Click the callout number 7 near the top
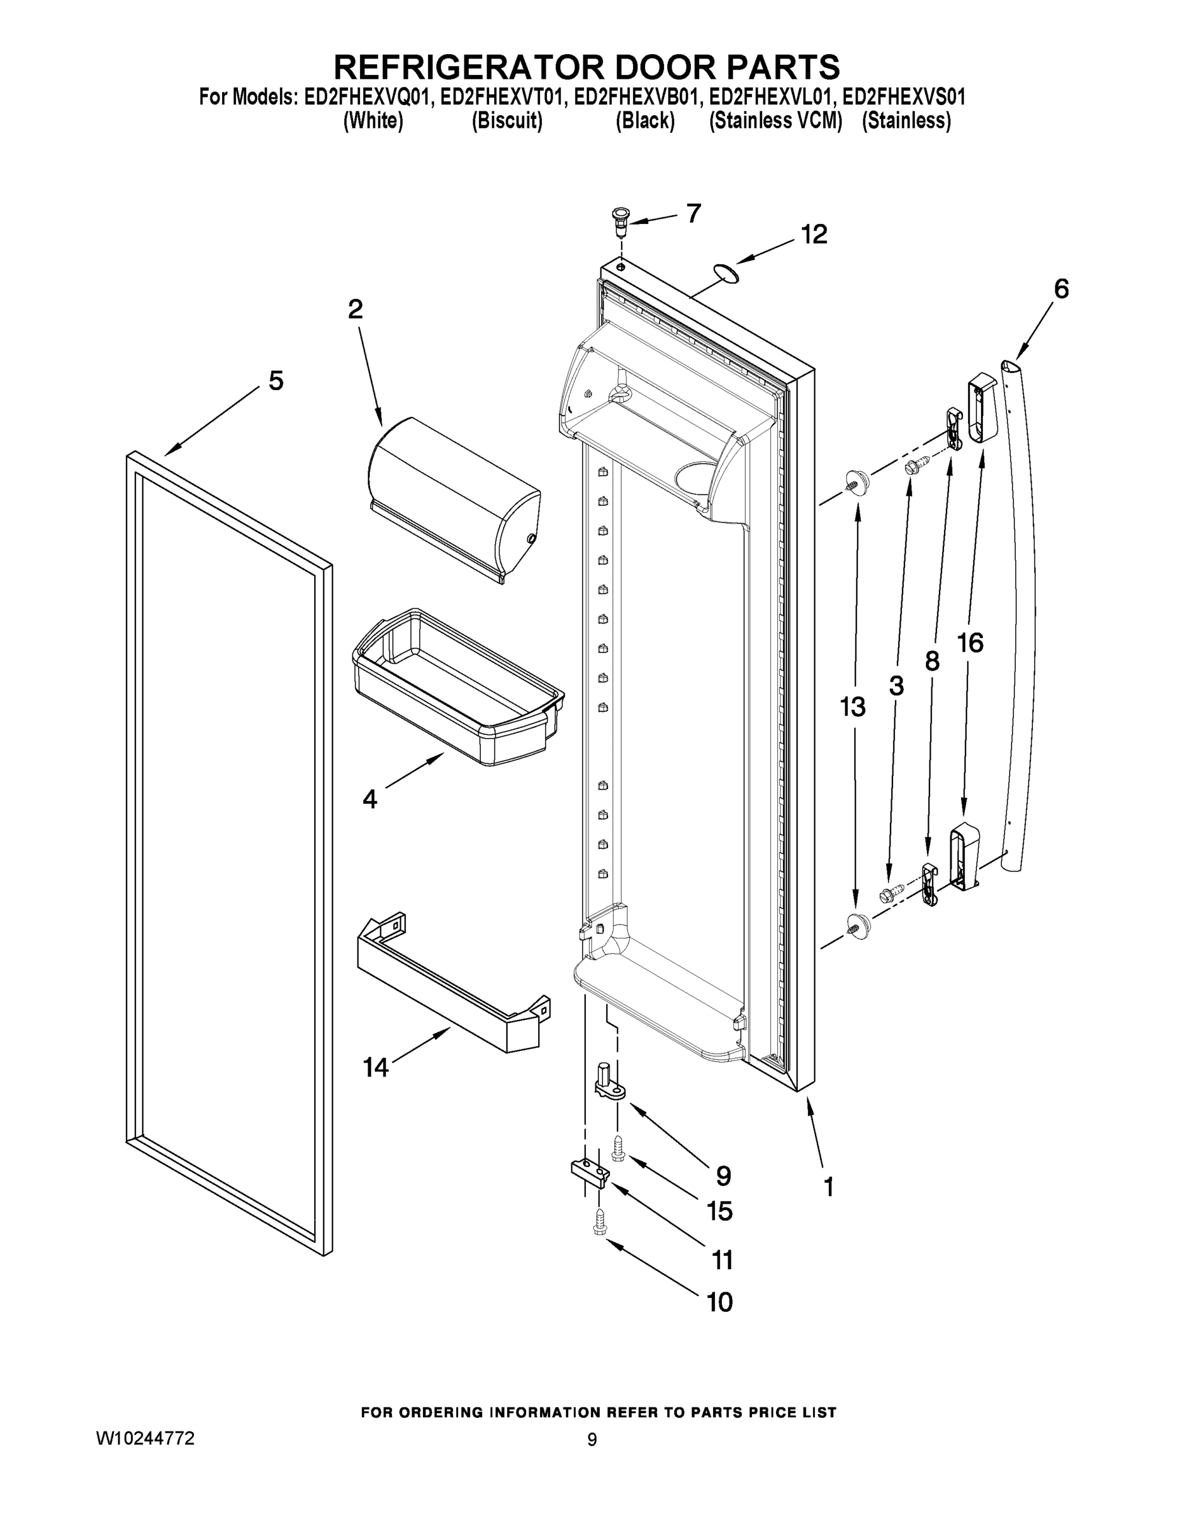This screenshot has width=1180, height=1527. pos(693,213)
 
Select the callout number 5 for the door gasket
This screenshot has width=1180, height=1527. pos(276,381)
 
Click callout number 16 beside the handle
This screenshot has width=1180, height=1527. pos(970,642)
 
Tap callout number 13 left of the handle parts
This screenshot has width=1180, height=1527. pos(853,707)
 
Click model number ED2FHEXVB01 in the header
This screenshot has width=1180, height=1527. pos(635,97)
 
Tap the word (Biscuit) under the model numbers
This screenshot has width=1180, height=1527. pos(507,121)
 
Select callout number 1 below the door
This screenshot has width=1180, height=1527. pos(828,1187)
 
